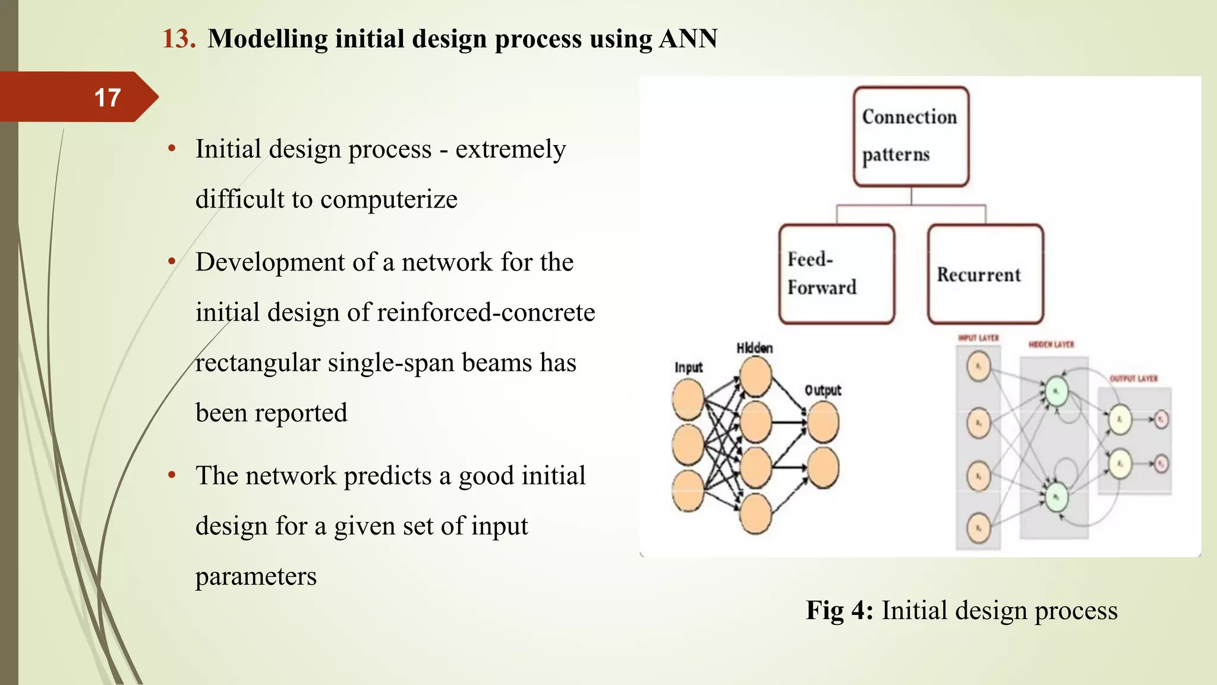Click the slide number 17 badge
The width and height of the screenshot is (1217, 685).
108,98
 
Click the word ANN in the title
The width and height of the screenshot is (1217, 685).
688,39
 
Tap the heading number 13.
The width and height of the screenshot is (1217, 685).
178,39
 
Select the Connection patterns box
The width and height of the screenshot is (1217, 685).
910,136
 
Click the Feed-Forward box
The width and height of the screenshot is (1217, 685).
836,274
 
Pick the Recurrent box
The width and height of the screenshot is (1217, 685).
985,274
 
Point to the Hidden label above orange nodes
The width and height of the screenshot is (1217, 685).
754,348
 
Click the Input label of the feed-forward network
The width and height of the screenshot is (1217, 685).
688,367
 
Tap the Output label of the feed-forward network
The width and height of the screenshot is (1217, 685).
822,391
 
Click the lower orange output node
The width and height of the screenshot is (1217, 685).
823,468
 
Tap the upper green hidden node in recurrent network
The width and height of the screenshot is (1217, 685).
1056,391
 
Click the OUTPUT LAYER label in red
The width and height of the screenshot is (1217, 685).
1133,379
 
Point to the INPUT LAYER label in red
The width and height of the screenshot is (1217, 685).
978,338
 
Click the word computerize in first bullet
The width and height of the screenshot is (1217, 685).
389,199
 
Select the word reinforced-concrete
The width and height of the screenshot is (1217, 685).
485,313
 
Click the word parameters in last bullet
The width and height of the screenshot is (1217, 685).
256,576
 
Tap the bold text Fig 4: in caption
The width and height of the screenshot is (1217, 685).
839,611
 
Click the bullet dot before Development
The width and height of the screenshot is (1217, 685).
172,261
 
